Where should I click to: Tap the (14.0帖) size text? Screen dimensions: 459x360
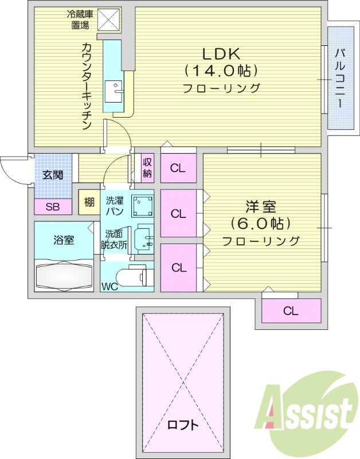coord(221,71)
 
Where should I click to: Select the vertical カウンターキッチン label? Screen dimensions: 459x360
coord(87,86)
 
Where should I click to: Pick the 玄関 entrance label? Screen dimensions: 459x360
coord(53,174)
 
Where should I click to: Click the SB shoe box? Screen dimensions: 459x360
coord(52,207)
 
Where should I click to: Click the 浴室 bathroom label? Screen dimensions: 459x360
coord(63,240)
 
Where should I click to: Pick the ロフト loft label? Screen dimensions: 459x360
coord(183,425)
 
